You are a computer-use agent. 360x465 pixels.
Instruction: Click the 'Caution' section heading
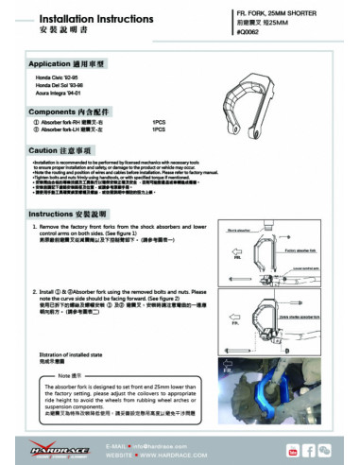click(x=60, y=150)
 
